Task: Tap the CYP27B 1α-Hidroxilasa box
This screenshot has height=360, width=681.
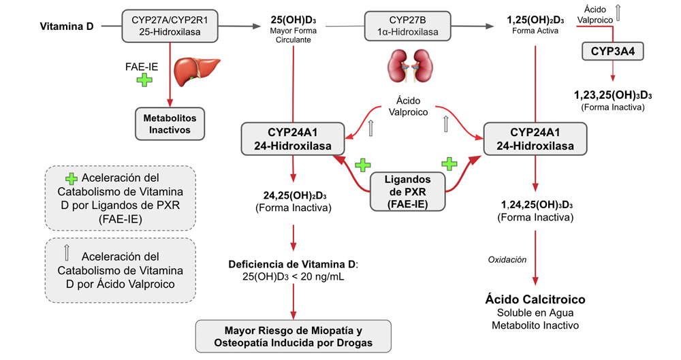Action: click(x=408, y=26)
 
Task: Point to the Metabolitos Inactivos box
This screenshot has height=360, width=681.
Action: click(x=169, y=123)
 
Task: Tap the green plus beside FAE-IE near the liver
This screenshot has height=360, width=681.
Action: click(x=145, y=80)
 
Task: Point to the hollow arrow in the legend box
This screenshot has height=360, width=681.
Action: click(x=67, y=255)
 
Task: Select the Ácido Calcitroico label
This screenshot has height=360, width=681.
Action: click(x=535, y=299)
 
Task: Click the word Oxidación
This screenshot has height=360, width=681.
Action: click(x=509, y=259)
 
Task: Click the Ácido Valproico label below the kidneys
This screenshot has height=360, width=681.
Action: click(x=408, y=106)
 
